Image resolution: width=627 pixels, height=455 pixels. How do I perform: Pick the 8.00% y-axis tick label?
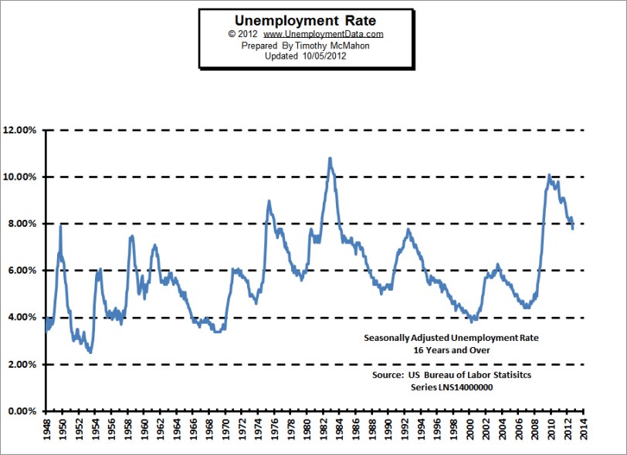tap(22, 224)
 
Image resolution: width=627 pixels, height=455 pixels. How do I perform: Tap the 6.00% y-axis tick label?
tap(22, 271)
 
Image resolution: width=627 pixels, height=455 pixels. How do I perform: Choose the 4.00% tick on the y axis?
tap(22, 318)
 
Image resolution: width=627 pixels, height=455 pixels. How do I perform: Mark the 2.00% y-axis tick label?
tap(22, 365)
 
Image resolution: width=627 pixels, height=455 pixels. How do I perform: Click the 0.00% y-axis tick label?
tap(22, 412)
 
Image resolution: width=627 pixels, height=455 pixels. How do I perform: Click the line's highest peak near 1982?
tap(330, 158)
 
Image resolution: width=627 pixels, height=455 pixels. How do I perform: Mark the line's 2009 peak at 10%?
tap(548, 176)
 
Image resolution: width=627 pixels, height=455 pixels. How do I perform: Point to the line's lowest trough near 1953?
tap(91, 352)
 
